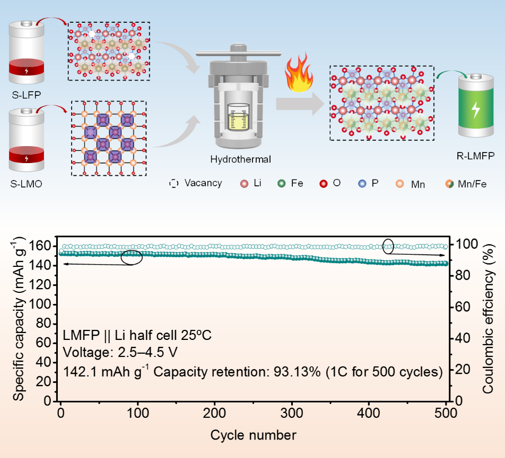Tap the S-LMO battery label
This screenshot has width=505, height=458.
27,183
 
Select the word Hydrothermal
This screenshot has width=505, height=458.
234,159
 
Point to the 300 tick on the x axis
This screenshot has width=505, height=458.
292,414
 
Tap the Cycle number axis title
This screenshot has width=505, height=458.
253,436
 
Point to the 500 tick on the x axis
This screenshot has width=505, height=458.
446,414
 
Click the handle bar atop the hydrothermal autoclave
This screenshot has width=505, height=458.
238,53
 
